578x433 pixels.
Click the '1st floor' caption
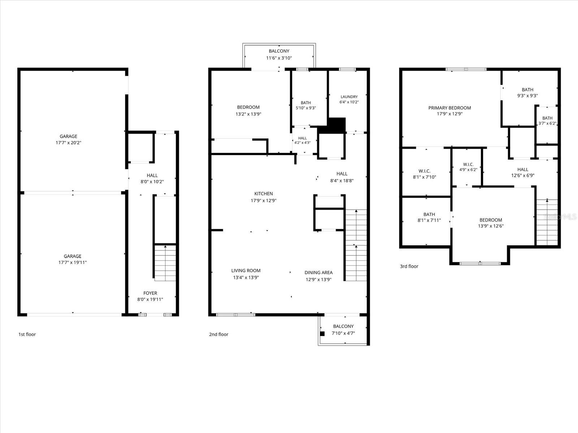(27, 334)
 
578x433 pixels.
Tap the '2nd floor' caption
(219, 334)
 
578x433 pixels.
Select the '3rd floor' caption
(409, 266)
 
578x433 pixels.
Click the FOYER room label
(150, 293)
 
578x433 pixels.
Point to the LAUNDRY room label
(349, 97)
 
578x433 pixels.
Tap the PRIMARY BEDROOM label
(449, 108)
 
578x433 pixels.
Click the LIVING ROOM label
(246, 271)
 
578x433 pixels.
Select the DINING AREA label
(319, 273)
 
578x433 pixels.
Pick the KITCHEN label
(264, 194)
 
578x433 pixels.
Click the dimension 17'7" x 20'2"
(69, 143)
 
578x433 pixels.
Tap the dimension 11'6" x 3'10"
(279, 58)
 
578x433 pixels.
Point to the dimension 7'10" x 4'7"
(344, 333)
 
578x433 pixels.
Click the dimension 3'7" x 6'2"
(547, 123)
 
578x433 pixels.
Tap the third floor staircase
(547, 222)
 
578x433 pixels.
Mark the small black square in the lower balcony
(322, 334)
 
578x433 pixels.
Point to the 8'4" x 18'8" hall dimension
(342, 181)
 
